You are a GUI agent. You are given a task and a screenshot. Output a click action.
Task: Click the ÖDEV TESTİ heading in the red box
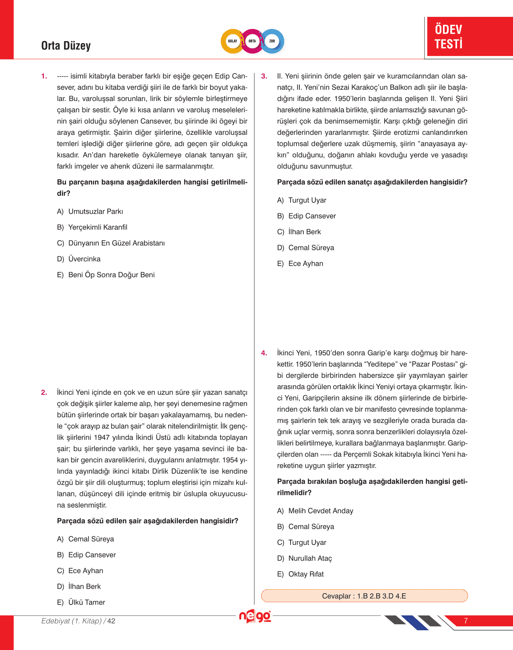tap(448, 37)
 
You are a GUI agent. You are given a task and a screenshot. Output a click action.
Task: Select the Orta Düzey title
tap(66, 46)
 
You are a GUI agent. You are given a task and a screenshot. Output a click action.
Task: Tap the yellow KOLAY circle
tap(233, 41)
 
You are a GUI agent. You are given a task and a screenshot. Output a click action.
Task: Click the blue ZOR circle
tap(272, 41)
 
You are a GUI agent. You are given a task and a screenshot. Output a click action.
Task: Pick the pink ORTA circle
tap(252, 41)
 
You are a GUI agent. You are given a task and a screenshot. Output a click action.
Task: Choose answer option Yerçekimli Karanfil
tap(97, 227)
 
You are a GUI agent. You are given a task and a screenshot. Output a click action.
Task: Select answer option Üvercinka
tap(84, 259)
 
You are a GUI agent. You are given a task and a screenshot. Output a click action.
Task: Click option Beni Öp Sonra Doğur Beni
tap(111, 275)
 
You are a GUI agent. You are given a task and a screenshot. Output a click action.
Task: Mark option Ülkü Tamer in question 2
tap(87, 603)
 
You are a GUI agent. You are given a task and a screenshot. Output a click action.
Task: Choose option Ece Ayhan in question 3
tap(305, 264)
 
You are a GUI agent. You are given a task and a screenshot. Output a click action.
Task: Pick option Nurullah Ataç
tap(310, 559)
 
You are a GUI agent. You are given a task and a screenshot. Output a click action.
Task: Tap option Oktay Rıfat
tap(306, 574)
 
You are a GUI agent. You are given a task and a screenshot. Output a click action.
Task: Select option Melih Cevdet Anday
tap(320, 511)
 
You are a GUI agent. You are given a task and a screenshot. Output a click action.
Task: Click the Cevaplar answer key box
tap(364, 596)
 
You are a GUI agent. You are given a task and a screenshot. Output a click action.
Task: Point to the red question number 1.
tap(44, 76)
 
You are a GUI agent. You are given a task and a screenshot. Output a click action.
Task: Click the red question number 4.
tap(264, 353)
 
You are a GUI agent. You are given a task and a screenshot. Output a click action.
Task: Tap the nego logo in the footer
tap(255, 616)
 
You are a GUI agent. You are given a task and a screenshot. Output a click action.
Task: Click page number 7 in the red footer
tap(466, 621)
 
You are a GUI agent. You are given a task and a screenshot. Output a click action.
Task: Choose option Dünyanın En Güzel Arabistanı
tap(116, 243)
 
